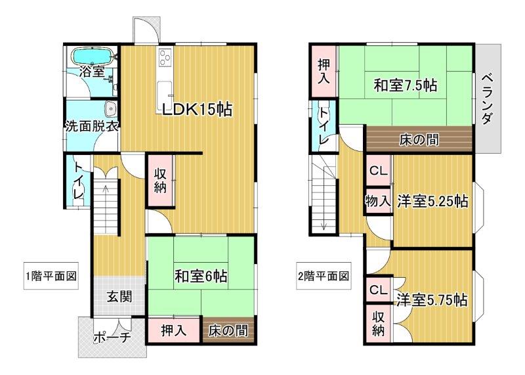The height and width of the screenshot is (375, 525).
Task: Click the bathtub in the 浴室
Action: (93, 56)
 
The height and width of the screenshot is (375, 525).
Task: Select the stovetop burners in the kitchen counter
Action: (165, 57)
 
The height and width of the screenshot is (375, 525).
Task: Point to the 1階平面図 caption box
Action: (51, 276)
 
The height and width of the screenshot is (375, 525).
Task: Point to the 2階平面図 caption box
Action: (324, 276)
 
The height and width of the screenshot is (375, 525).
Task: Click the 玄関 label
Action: (119, 297)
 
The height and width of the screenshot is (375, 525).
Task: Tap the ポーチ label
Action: (112, 338)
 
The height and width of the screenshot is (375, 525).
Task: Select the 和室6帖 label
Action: (201, 276)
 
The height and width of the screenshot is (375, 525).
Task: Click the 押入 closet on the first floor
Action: (174, 331)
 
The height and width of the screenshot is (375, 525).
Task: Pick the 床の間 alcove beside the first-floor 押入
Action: (228, 331)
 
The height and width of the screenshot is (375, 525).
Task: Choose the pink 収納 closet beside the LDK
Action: (161, 181)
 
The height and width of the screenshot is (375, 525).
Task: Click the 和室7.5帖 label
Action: (405, 85)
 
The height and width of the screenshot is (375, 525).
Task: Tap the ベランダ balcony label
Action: (488, 100)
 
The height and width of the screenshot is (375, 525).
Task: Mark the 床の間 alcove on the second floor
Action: (419, 139)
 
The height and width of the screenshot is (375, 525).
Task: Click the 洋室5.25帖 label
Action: (432, 202)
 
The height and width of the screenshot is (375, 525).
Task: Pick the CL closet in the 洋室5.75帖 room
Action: (379, 290)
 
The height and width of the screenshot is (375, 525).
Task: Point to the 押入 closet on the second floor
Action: (324, 71)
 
